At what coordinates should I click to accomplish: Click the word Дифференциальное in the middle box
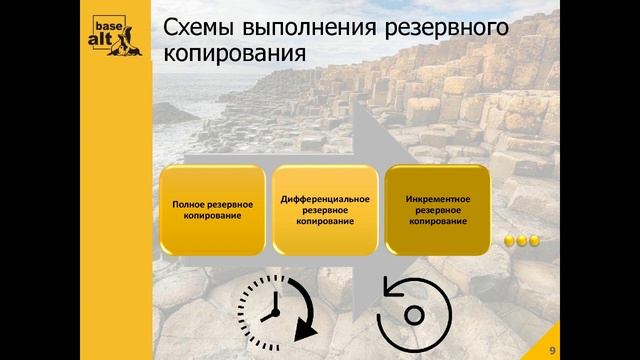(325, 198)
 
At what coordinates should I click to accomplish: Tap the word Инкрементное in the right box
(437, 198)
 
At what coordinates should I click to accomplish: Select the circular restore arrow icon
(411, 314)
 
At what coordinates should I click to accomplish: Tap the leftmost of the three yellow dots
(510, 240)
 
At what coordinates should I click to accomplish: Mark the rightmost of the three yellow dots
(534, 240)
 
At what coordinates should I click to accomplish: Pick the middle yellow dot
(522, 240)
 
